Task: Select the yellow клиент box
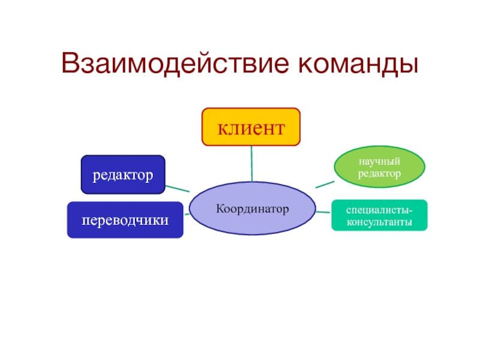[x=250, y=127]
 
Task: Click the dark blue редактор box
[x=122, y=175]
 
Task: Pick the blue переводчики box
[x=125, y=220]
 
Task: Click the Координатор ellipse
[x=252, y=208]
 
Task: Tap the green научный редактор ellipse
[x=379, y=167]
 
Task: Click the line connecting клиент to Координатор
[x=251, y=164]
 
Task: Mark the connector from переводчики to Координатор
[x=187, y=214]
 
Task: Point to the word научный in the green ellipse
[x=379, y=161]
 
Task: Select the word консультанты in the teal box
[x=379, y=222]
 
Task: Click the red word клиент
[x=250, y=127]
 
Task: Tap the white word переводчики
[x=125, y=220]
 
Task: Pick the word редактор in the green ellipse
[x=379, y=173]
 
